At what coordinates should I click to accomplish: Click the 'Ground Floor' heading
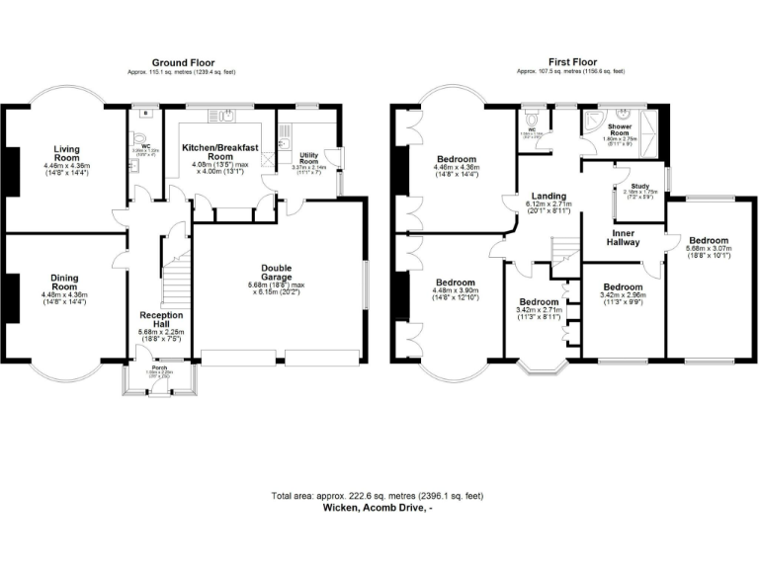183,62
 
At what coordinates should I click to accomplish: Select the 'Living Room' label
66,153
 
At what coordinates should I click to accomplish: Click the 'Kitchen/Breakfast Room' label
220,152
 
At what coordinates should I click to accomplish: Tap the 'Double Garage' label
277,274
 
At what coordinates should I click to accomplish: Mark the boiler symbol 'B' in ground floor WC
146,114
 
